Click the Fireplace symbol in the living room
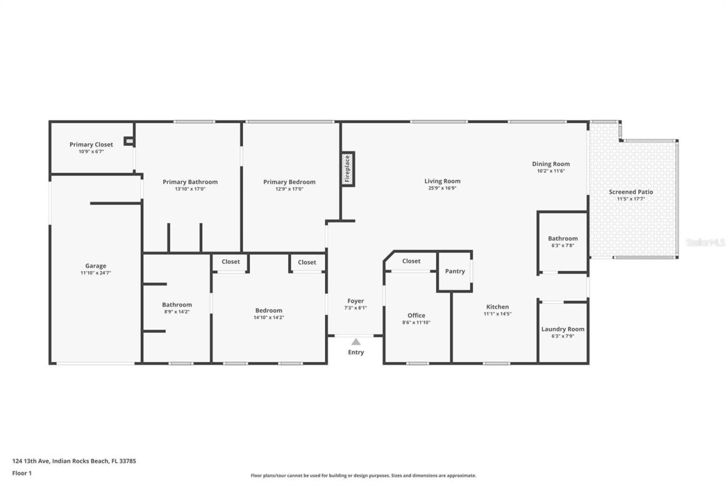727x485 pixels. [348, 168]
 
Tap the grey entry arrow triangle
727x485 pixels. [356, 342]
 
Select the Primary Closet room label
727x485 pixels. [91, 144]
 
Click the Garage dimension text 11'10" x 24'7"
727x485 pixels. [95, 273]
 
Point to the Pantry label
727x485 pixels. [455, 271]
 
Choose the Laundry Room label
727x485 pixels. [562, 329]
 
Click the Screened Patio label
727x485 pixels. [630, 192]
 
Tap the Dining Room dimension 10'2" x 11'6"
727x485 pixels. [550, 171]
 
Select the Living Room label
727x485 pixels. [442, 181]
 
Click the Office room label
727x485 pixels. [416, 316]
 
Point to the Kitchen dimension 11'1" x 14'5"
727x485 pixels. [497, 314]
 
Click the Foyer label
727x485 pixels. [356, 301]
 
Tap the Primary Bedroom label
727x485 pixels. [289, 182]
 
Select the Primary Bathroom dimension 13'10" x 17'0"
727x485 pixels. [190, 189]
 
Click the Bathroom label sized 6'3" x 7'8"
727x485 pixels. [562, 238]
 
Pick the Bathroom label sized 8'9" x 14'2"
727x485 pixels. [177, 305]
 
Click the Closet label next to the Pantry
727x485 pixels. [411, 261]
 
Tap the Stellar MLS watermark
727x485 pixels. [705, 242]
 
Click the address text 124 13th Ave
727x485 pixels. [74, 461]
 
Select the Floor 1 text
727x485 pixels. [22, 472]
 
